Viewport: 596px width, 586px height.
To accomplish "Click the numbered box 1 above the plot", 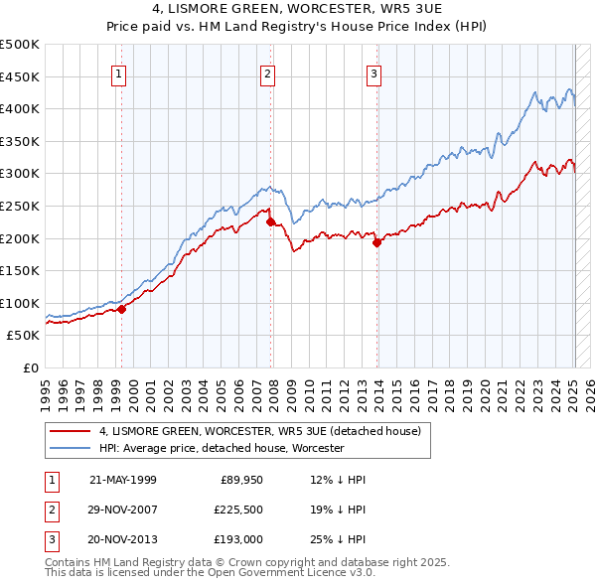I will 118,73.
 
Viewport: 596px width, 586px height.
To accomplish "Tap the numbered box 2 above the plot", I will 268,73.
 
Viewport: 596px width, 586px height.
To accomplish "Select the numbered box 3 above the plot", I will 373,73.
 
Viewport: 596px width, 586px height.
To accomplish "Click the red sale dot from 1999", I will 122,309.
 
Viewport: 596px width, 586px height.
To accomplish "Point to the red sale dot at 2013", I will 376,242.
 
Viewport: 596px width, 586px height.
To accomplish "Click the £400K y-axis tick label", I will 20,109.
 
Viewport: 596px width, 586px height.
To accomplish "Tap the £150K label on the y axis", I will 20,270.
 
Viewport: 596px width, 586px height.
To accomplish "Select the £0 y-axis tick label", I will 30,367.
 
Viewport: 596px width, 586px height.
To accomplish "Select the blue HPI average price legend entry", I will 221,448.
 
